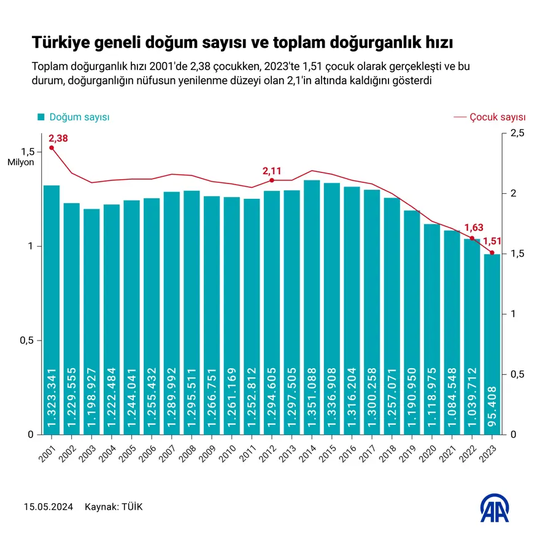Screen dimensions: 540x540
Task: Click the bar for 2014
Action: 312,307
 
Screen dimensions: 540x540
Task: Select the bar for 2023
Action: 492,344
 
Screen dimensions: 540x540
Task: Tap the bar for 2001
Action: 52,307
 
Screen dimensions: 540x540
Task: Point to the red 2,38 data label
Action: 58,139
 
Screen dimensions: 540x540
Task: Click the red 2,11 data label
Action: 272,171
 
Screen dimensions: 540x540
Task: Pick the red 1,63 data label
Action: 474,228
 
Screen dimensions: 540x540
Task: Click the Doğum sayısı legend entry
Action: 73,117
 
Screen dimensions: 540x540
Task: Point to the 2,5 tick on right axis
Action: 517,133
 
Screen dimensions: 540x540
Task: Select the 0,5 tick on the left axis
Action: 27,341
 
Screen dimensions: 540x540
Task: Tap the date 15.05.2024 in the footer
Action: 48,507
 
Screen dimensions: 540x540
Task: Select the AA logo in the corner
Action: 494,507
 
